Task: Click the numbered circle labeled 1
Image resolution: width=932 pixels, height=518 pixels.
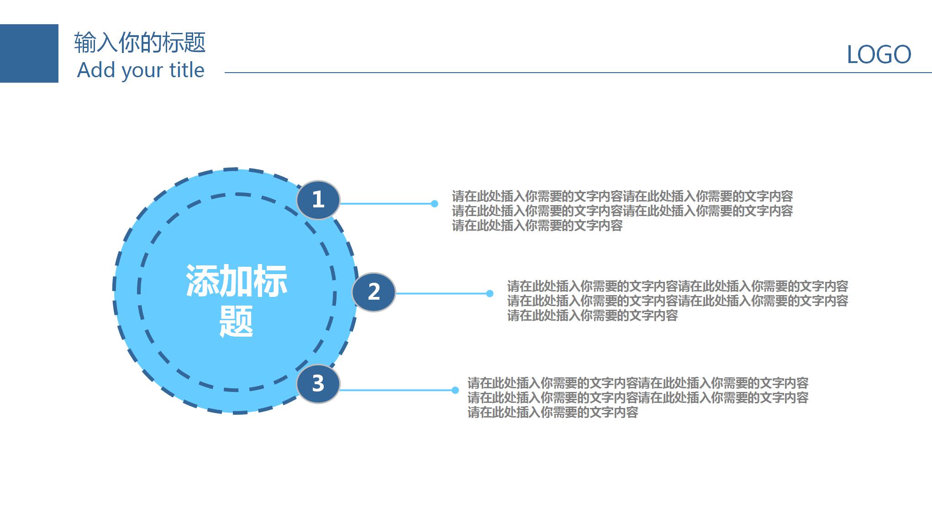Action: (x=318, y=200)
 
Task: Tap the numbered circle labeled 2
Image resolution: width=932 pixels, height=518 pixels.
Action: (x=374, y=292)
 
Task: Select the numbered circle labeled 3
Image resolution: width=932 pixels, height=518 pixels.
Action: (x=318, y=384)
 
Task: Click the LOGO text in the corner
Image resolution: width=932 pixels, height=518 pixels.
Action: (x=879, y=55)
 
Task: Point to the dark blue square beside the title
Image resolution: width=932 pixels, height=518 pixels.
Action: (x=29, y=53)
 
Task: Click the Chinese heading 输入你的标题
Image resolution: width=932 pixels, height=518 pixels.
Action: (x=140, y=42)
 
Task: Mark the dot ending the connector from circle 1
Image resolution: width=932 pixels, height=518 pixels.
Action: (x=434, y=204)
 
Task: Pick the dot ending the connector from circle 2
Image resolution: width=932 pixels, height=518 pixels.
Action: (x=490, y=293)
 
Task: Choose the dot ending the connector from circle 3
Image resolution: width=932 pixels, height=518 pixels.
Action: (x=455, y=390)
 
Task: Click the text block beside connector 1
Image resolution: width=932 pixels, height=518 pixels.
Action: (x=622, y=211)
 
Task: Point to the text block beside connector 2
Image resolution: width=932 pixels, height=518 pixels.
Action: (x=677, y=301)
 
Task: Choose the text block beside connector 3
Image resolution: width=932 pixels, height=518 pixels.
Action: (x=637, y=397)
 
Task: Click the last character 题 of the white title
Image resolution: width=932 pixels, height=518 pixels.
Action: (x=237, y=321)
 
